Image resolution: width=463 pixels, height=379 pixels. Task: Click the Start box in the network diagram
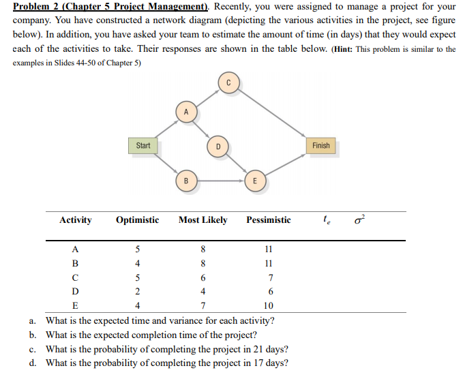click(143, 145)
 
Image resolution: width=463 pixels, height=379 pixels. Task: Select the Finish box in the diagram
click(320, 145)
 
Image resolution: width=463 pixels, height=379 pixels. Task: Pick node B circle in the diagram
click(185, 181)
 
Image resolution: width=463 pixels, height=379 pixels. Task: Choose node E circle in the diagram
click(254, 181)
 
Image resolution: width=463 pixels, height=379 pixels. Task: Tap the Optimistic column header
click(137, 220)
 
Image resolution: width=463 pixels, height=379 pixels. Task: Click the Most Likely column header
click(203, 220)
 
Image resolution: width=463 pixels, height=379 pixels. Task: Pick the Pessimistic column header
click(268, 220)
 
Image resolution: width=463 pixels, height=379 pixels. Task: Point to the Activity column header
click(75, 220)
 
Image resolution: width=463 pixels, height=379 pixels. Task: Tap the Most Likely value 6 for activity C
click(203, 277)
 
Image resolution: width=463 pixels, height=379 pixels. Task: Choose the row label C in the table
click(75, 277)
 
